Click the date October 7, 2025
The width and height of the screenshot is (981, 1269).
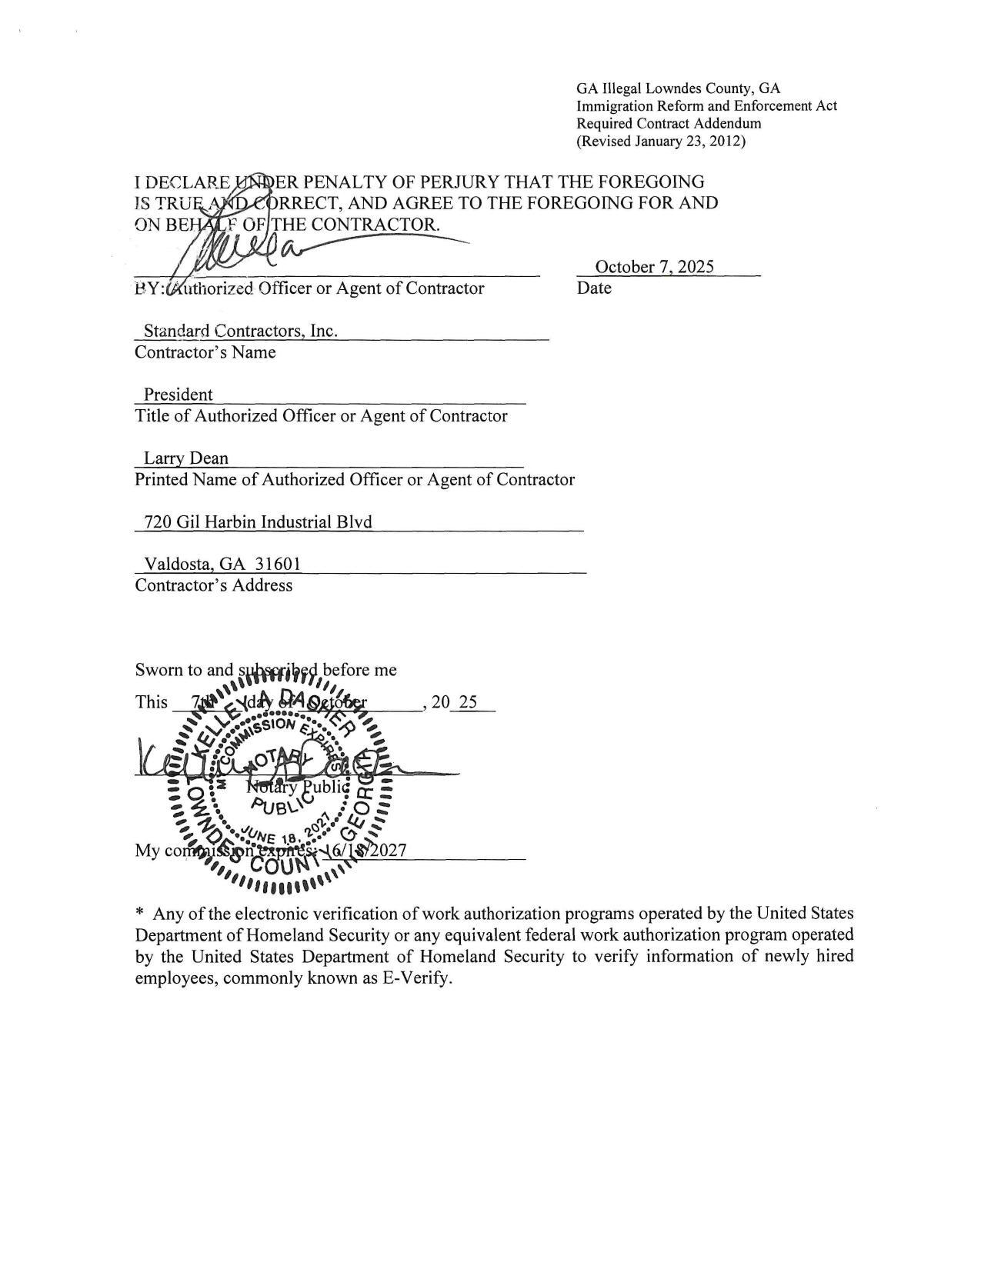click(654, 267)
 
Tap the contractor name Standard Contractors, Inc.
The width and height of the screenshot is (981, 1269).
click(240, 331)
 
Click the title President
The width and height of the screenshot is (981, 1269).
click(178, 395)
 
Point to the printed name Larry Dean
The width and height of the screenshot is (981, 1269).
click(186, 458)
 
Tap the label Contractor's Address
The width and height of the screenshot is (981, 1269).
click(213, 585)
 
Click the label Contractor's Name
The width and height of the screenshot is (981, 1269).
click(205, 352)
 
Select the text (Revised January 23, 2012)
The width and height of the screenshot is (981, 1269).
click(661, 142)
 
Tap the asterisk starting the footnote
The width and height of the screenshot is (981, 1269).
click(139, 914)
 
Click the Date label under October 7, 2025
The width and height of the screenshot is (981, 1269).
click(594, 288)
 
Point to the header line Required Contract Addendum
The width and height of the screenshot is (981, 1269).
click(669, 124)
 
